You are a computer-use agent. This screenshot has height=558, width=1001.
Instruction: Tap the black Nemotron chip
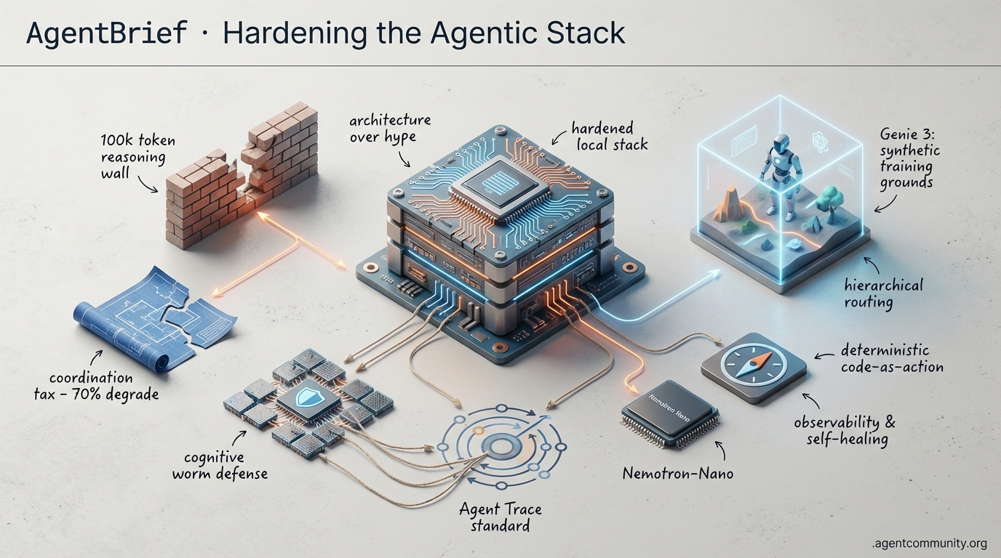(669, 412)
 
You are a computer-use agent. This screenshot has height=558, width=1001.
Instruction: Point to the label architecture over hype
(389, 128)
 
